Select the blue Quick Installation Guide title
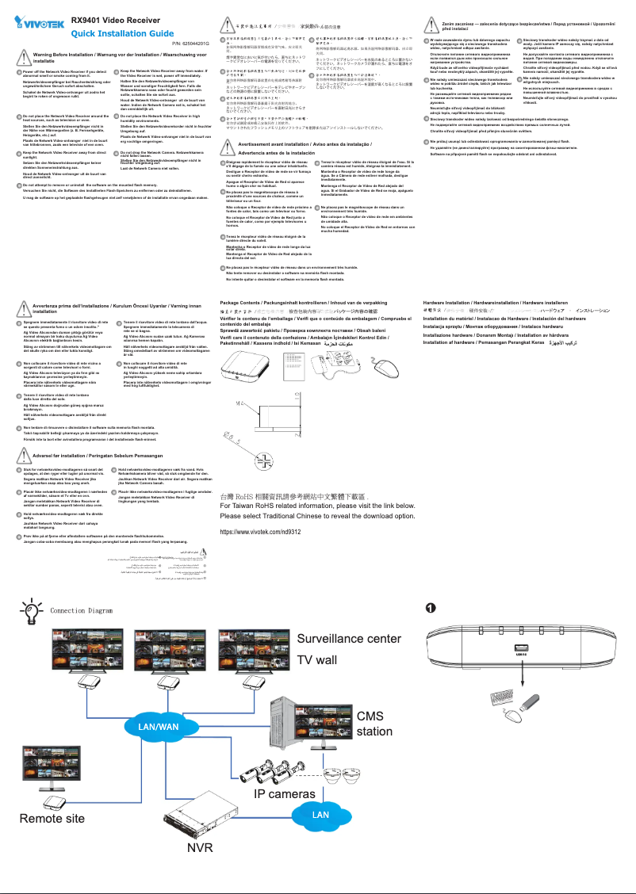[x=122, y=34]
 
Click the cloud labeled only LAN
[x=320, y=815]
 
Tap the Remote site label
[x=52, y=818]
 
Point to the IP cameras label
[x=285, y=793]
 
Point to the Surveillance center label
[x=349, y=639]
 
